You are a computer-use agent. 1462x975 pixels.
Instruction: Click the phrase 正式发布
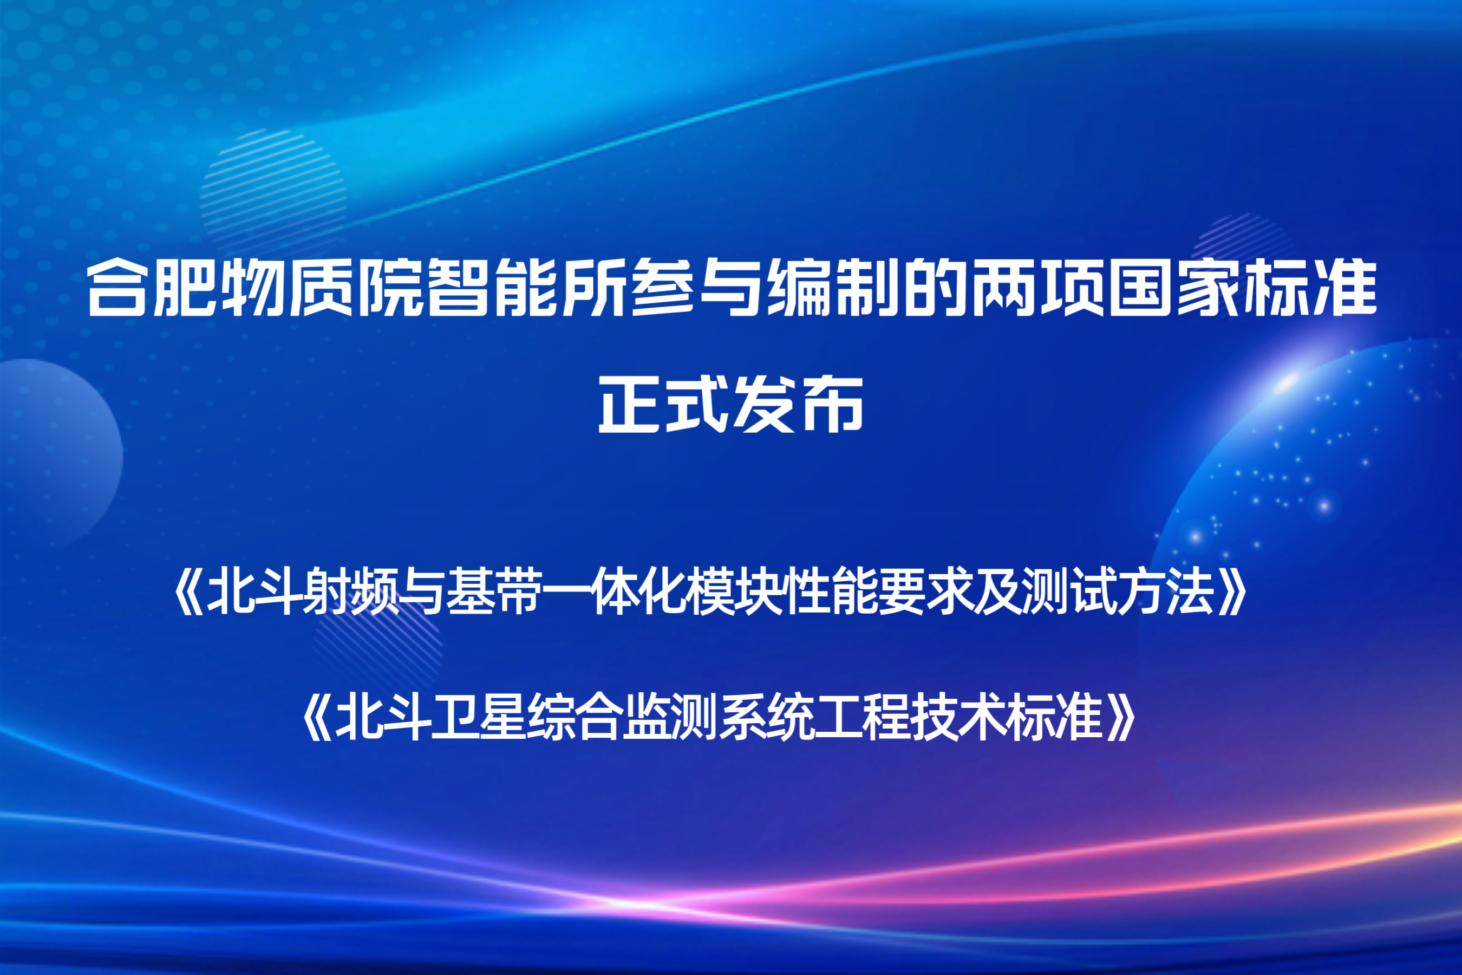coord(731,404)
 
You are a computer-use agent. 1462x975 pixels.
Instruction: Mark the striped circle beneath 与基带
coord(377,650)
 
